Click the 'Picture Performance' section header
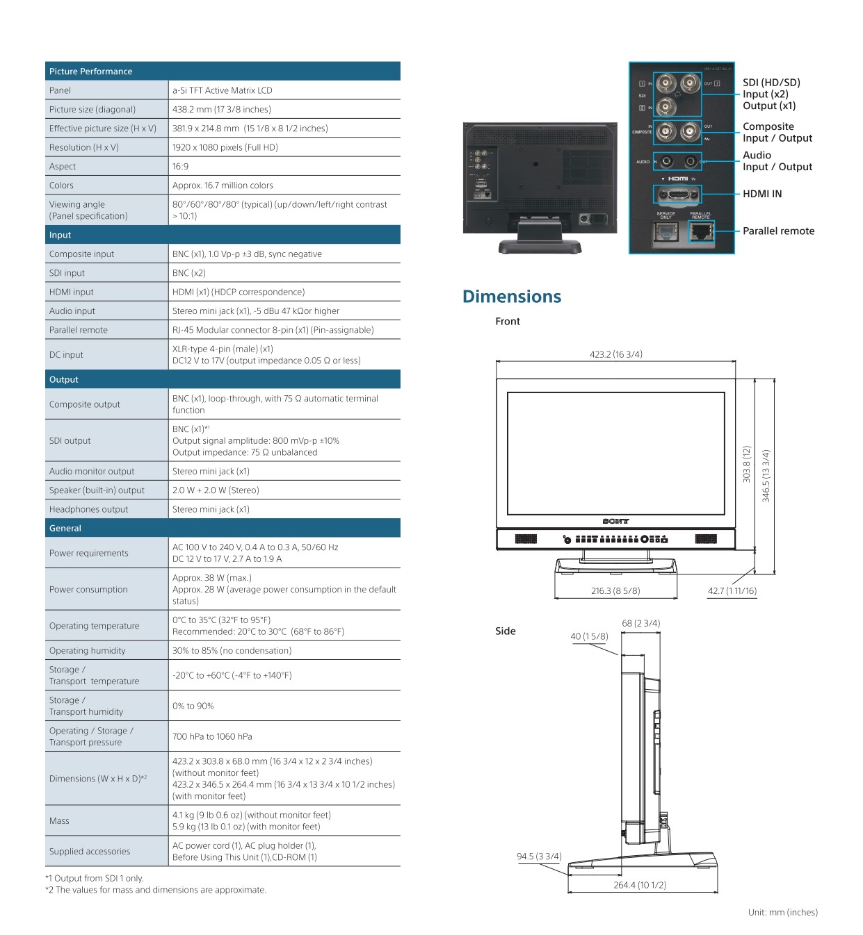[x=91, y=72]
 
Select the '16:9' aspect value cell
[x=181, y=167]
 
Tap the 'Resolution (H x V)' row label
[x=84, y=147]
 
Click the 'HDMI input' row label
[x=72, y=292]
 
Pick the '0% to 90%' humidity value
[x=193, y=706]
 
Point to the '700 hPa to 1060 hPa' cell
[x=212, y=736]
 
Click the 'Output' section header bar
[x=64, y=379]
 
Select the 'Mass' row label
[x=60, y=821]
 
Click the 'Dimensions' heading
[x=512, y=297]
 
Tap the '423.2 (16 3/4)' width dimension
[x=616, y=354]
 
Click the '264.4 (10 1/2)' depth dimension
[x=640, y=885]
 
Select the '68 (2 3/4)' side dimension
[x=641, y=623]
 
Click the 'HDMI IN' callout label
[x=762, y=194]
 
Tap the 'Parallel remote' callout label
[x=778, y=231]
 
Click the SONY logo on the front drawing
[x=616, y=521]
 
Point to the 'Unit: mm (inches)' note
[x=783, y=912]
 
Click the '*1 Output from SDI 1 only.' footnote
[x=95, y=878]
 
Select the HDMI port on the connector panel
[x=677, y=195]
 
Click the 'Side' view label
[x=506, y=631]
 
